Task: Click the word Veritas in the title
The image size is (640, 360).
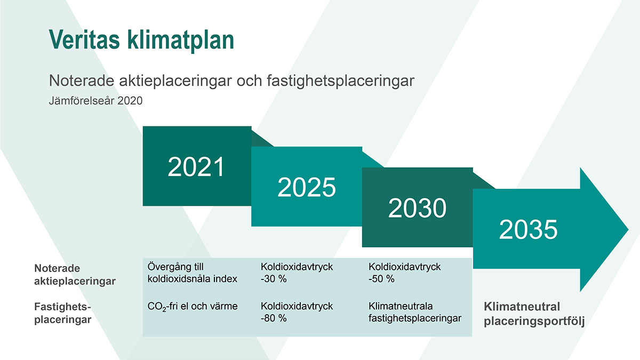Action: point(84,39)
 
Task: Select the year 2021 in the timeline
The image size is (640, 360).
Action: point(196,166)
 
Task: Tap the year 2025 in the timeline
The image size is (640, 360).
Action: point(307,187)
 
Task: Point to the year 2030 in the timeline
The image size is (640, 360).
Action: point(417,207)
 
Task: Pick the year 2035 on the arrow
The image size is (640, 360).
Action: point(528,229)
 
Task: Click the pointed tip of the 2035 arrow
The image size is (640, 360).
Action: point(628,229)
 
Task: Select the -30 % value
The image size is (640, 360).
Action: point(274,278)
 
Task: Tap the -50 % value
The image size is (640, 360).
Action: point(381,278)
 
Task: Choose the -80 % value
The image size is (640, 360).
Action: point(274,318)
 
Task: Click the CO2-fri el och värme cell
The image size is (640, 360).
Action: point(193,306)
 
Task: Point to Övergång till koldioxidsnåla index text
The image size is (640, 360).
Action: point(193,273)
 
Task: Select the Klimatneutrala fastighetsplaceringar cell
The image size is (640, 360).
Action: point(415,312)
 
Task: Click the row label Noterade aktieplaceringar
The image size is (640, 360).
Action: point(75,275)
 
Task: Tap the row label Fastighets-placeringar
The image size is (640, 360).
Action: point(62,313)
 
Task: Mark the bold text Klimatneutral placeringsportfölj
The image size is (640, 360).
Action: point(534,314)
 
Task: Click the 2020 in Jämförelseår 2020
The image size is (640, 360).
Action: point(130,101)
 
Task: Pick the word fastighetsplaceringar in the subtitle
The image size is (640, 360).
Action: point(341,81)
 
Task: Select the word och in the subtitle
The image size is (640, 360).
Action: point(249,81)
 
